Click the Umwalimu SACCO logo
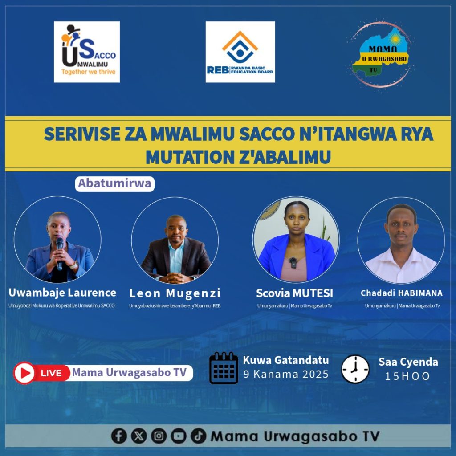pos(87,52)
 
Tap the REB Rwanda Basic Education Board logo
pos(240,52)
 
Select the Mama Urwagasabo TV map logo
pos(381,54)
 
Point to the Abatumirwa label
pos(114,184)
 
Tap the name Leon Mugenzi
pos(175,293)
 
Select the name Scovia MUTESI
pos(294,293)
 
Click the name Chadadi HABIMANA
pos(402,293)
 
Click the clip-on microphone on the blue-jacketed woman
pos(293,262)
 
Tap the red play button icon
pos(24,373)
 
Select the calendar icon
pos(224,368)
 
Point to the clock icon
pos(355,369)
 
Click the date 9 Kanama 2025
pos(286,374)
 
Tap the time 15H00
pos(407,376)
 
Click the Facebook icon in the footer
pos(119,436)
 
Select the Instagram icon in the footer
pos(159,436)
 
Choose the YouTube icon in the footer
pos(179,436)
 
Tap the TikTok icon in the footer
pos(198,436)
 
